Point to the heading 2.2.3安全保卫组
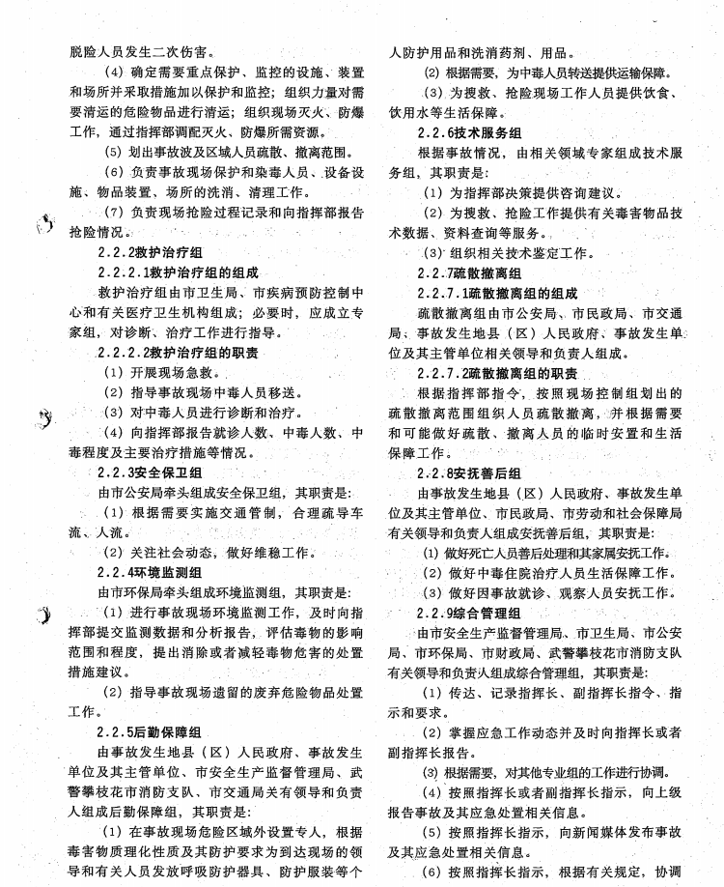pos(150,472)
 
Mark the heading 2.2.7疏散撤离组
pos(469,273)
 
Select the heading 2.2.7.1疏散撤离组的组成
pos(497,294)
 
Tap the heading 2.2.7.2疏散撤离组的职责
pos(497,373)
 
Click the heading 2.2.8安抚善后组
pos(469,473)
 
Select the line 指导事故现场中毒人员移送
pos(203,393)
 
